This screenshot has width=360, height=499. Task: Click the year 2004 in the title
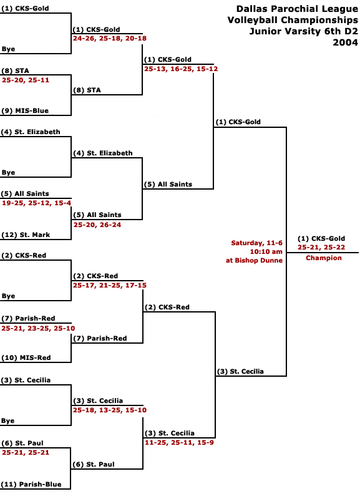coord(346,42)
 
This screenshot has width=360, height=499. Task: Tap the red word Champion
coord(324,258)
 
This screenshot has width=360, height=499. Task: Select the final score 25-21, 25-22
coord(321,247)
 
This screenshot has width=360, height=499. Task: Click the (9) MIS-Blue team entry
coord(25,111)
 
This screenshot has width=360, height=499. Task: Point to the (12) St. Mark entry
coord(26,235)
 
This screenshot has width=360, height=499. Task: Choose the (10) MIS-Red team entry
coord(26,357)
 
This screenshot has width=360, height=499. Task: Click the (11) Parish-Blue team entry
coord(31,485)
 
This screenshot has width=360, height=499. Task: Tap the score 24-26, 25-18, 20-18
coord(110,39)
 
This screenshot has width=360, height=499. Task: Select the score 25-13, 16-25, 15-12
coord(181,69)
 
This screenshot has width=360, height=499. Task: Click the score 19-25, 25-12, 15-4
coord(37,203)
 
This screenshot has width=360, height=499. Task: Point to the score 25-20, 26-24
coord(97,225)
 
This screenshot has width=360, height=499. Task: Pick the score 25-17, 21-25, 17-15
coord(110,285)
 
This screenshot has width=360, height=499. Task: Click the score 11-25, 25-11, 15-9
coord(179,442)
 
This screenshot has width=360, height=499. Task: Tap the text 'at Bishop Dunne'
coord(254,260)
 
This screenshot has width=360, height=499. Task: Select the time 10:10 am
coord(266,252)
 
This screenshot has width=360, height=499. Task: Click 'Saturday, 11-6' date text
coord(256,243)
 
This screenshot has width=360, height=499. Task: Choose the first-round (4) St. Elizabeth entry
coord(31,132)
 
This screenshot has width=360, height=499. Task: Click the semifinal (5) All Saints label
coord(168,184)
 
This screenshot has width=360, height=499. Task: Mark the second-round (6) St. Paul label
coord(94,464)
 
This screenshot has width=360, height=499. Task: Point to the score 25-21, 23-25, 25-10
coord(38,328)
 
